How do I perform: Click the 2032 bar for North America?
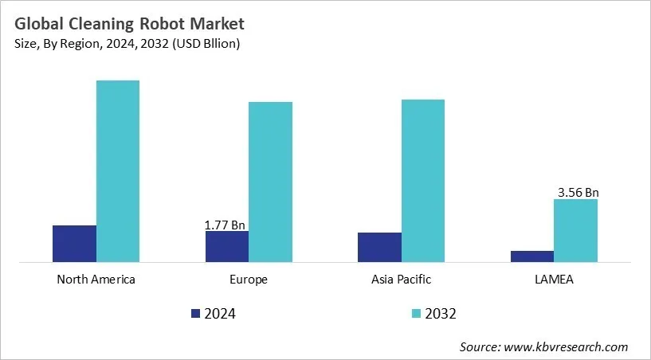[118, 170]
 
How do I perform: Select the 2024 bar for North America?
[74, 243]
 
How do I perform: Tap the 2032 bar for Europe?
[270, 182]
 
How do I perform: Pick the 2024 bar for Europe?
[227, 246]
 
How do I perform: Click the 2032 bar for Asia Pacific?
[423, 180]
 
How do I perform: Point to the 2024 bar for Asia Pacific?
[379, 247]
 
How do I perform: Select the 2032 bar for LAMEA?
[575, 230]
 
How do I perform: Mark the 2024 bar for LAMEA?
[531, 256]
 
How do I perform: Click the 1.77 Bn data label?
[225, 225]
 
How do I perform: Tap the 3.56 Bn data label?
[578, 192]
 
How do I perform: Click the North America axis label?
[96, 280]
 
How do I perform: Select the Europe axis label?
[249, 280]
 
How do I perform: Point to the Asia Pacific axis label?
[401, 280]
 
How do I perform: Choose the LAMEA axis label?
[554, 280]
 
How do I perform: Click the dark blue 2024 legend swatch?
[196, 314]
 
